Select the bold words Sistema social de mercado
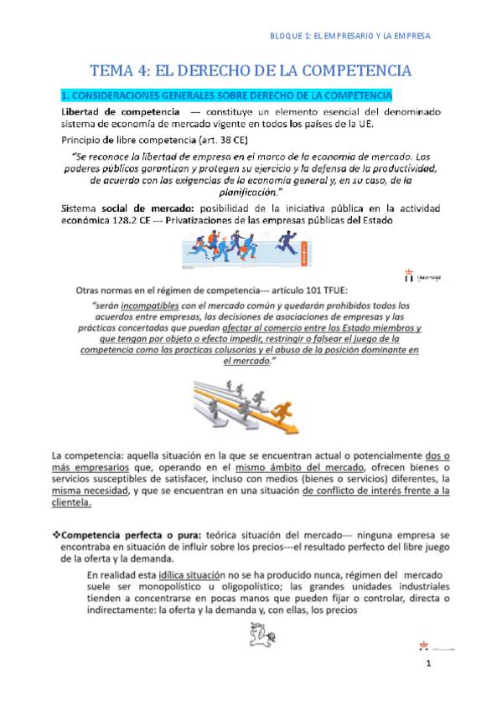tap(118, 208)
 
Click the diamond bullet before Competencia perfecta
tap(57, 533)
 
